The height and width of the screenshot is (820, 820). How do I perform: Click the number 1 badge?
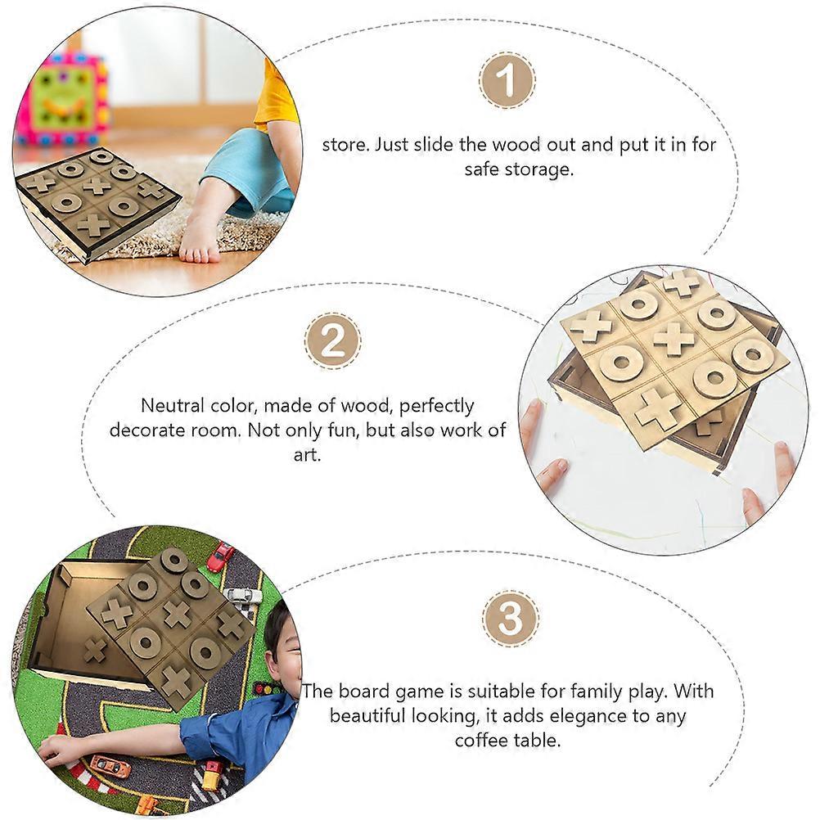(x=507, y=80)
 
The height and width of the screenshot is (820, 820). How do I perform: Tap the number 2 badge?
(x=332, y=341)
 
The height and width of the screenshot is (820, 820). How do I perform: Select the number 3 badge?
(x=510, y=618)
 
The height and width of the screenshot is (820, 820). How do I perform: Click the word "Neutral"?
(x=173, y=405)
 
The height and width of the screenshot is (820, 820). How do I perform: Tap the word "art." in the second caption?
(x=308, y=454)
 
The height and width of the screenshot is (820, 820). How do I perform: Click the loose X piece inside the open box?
(x=94, y=650)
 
